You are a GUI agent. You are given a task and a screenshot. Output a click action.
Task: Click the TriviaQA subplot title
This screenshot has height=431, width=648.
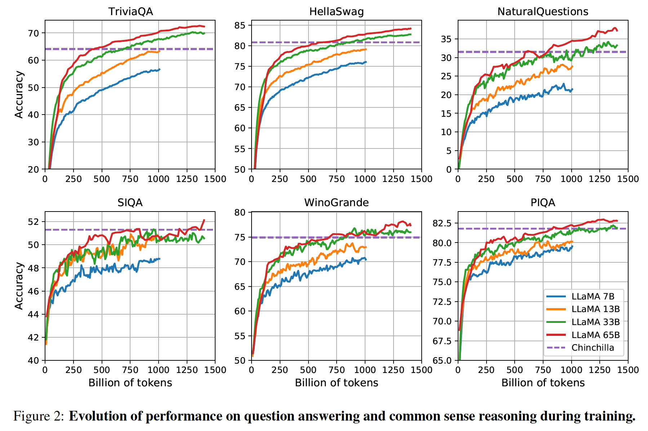coord(130,12)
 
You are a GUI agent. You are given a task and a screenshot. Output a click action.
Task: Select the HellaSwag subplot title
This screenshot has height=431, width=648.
coord(336,12)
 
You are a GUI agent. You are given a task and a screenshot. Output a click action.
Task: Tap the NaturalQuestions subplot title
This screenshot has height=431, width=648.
coord(542,12)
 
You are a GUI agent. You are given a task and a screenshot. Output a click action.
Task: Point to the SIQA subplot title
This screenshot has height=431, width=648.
coord(130,203)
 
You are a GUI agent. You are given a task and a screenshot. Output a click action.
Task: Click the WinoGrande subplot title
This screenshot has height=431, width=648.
coord(336,203)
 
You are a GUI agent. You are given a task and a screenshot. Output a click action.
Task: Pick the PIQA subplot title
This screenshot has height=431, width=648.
coord(543,203)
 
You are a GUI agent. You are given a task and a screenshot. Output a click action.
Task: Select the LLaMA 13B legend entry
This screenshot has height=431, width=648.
coord(595,309)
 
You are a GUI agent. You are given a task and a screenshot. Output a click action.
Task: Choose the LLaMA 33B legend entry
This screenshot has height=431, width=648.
coord(595,322)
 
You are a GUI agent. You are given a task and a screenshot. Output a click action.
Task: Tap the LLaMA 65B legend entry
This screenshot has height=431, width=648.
coord(595,335)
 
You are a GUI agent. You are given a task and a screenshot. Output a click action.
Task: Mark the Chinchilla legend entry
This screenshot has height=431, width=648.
coord(592,348)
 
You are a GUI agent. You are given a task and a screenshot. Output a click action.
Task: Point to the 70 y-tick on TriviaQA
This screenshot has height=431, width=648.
coord(33,33)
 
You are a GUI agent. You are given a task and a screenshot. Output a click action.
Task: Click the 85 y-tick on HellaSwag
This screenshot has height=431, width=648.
coord(240,26)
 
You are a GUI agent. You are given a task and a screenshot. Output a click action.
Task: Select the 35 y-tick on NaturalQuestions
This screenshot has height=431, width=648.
coord(446,39)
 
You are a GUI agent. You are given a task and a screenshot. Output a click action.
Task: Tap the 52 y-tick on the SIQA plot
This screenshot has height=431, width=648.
coord(33,222)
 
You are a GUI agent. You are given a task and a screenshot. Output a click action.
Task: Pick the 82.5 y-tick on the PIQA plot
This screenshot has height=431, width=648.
coord(441,223)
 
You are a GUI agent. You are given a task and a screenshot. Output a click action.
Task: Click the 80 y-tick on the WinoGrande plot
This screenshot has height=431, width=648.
coord(240,213)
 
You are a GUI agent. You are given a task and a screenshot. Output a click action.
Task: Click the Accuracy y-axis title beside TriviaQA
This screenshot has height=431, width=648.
coord(19,94)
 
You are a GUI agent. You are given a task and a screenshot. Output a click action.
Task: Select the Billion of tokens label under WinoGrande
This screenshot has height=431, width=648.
coord(336,383)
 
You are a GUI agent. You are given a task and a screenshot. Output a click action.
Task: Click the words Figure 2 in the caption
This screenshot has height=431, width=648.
coord(39,416)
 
